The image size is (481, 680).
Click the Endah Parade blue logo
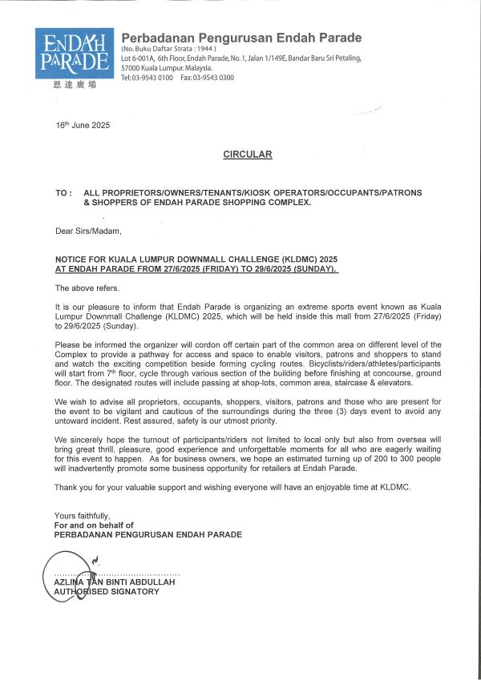tap(71, 53)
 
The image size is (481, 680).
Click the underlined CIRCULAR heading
tap(248, 155)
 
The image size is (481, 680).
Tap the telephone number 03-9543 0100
tap(153, 78)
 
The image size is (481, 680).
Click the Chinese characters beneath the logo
tap(71, 85)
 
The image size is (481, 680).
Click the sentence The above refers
tap(82, 287)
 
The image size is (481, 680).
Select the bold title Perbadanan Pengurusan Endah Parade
tap(241, 38)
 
